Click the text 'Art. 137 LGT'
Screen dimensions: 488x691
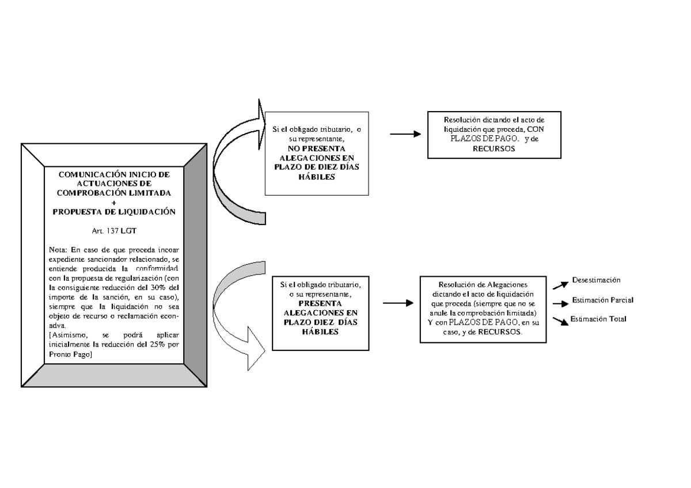(x=113, y=230)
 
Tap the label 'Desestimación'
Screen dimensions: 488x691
(x=596, y=280)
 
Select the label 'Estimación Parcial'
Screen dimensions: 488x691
(x=603, y=300)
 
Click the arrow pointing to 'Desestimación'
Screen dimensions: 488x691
(x=560, y=284)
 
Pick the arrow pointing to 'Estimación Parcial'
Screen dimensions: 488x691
(x=560, y=303)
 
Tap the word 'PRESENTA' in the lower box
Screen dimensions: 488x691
(x=321, y=303)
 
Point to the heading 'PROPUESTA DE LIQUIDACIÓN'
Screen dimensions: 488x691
(x=113, y=211)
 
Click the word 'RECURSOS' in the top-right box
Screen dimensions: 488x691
(x=493, y=148)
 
